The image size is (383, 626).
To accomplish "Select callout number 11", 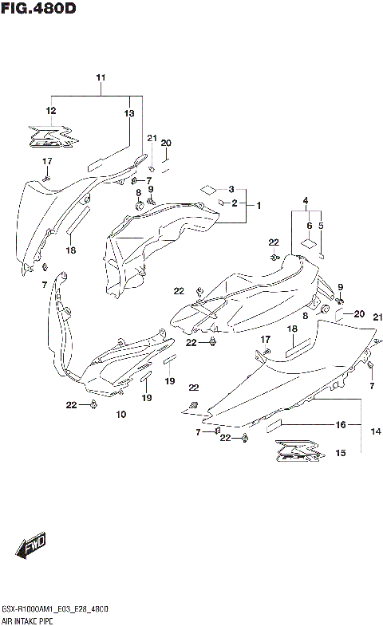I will (101, 77).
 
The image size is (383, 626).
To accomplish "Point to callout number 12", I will (51, 111).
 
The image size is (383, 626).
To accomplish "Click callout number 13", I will (129, 114).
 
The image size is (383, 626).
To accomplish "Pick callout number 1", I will (258, 205).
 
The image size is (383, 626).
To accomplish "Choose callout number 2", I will (235, 203).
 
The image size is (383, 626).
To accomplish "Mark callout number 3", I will (231, 189).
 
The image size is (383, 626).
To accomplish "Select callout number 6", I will (308, 226).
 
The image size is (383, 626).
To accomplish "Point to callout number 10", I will (121, 415).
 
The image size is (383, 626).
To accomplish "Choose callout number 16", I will (341, 425).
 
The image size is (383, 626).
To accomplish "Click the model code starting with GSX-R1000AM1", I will (55, 608).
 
